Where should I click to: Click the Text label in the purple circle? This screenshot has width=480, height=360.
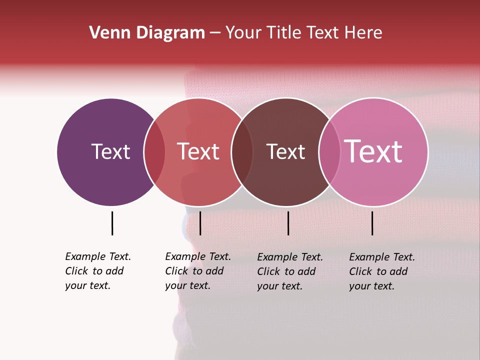click(110, 151)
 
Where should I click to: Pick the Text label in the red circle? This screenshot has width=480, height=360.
click(198, 151)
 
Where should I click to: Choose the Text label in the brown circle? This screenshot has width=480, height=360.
click(285, 151)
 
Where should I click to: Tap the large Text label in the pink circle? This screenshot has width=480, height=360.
click(373, 151)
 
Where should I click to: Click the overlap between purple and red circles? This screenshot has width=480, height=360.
click(154, 151)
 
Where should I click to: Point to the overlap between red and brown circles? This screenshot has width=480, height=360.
click(242, 151)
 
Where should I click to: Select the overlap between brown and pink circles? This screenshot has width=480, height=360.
click(329, 151)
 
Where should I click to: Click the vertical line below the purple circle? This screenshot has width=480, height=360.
click(112, 223)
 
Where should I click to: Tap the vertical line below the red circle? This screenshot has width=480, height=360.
click(200, 223)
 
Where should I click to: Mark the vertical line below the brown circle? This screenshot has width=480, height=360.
click(288, 223)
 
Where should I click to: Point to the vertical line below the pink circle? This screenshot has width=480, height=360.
click(372, 223)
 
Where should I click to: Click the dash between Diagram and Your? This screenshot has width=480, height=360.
click(215, 33)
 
